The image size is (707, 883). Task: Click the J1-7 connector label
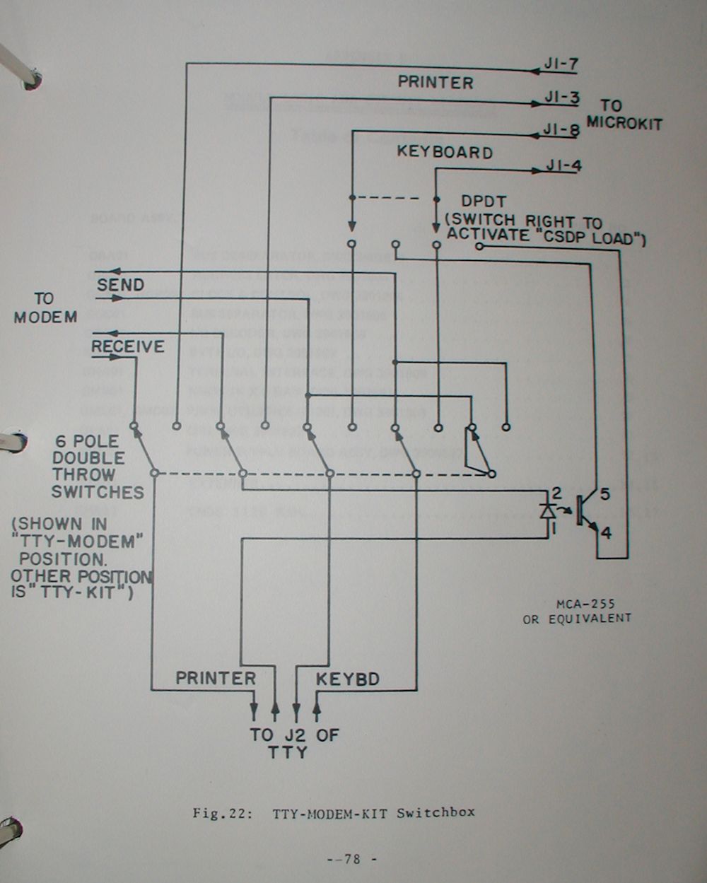[561, 65]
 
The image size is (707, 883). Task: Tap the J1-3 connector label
[562, 98]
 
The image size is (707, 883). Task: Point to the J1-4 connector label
[564, 168]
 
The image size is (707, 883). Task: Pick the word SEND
[120, 285]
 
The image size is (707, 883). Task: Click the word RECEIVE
[128, 346]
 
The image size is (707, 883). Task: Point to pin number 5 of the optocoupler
[604, 495]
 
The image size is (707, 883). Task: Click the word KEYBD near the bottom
[347, 679]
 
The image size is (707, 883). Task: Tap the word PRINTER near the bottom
[216, 678]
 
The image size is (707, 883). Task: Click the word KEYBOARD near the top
[444, 152]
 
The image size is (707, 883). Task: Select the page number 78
[353, 860]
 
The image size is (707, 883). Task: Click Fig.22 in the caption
[223, 812]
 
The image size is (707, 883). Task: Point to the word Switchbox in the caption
[436, 812]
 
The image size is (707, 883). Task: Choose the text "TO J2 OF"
[294, 735]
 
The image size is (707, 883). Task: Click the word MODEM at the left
[46, 317]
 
